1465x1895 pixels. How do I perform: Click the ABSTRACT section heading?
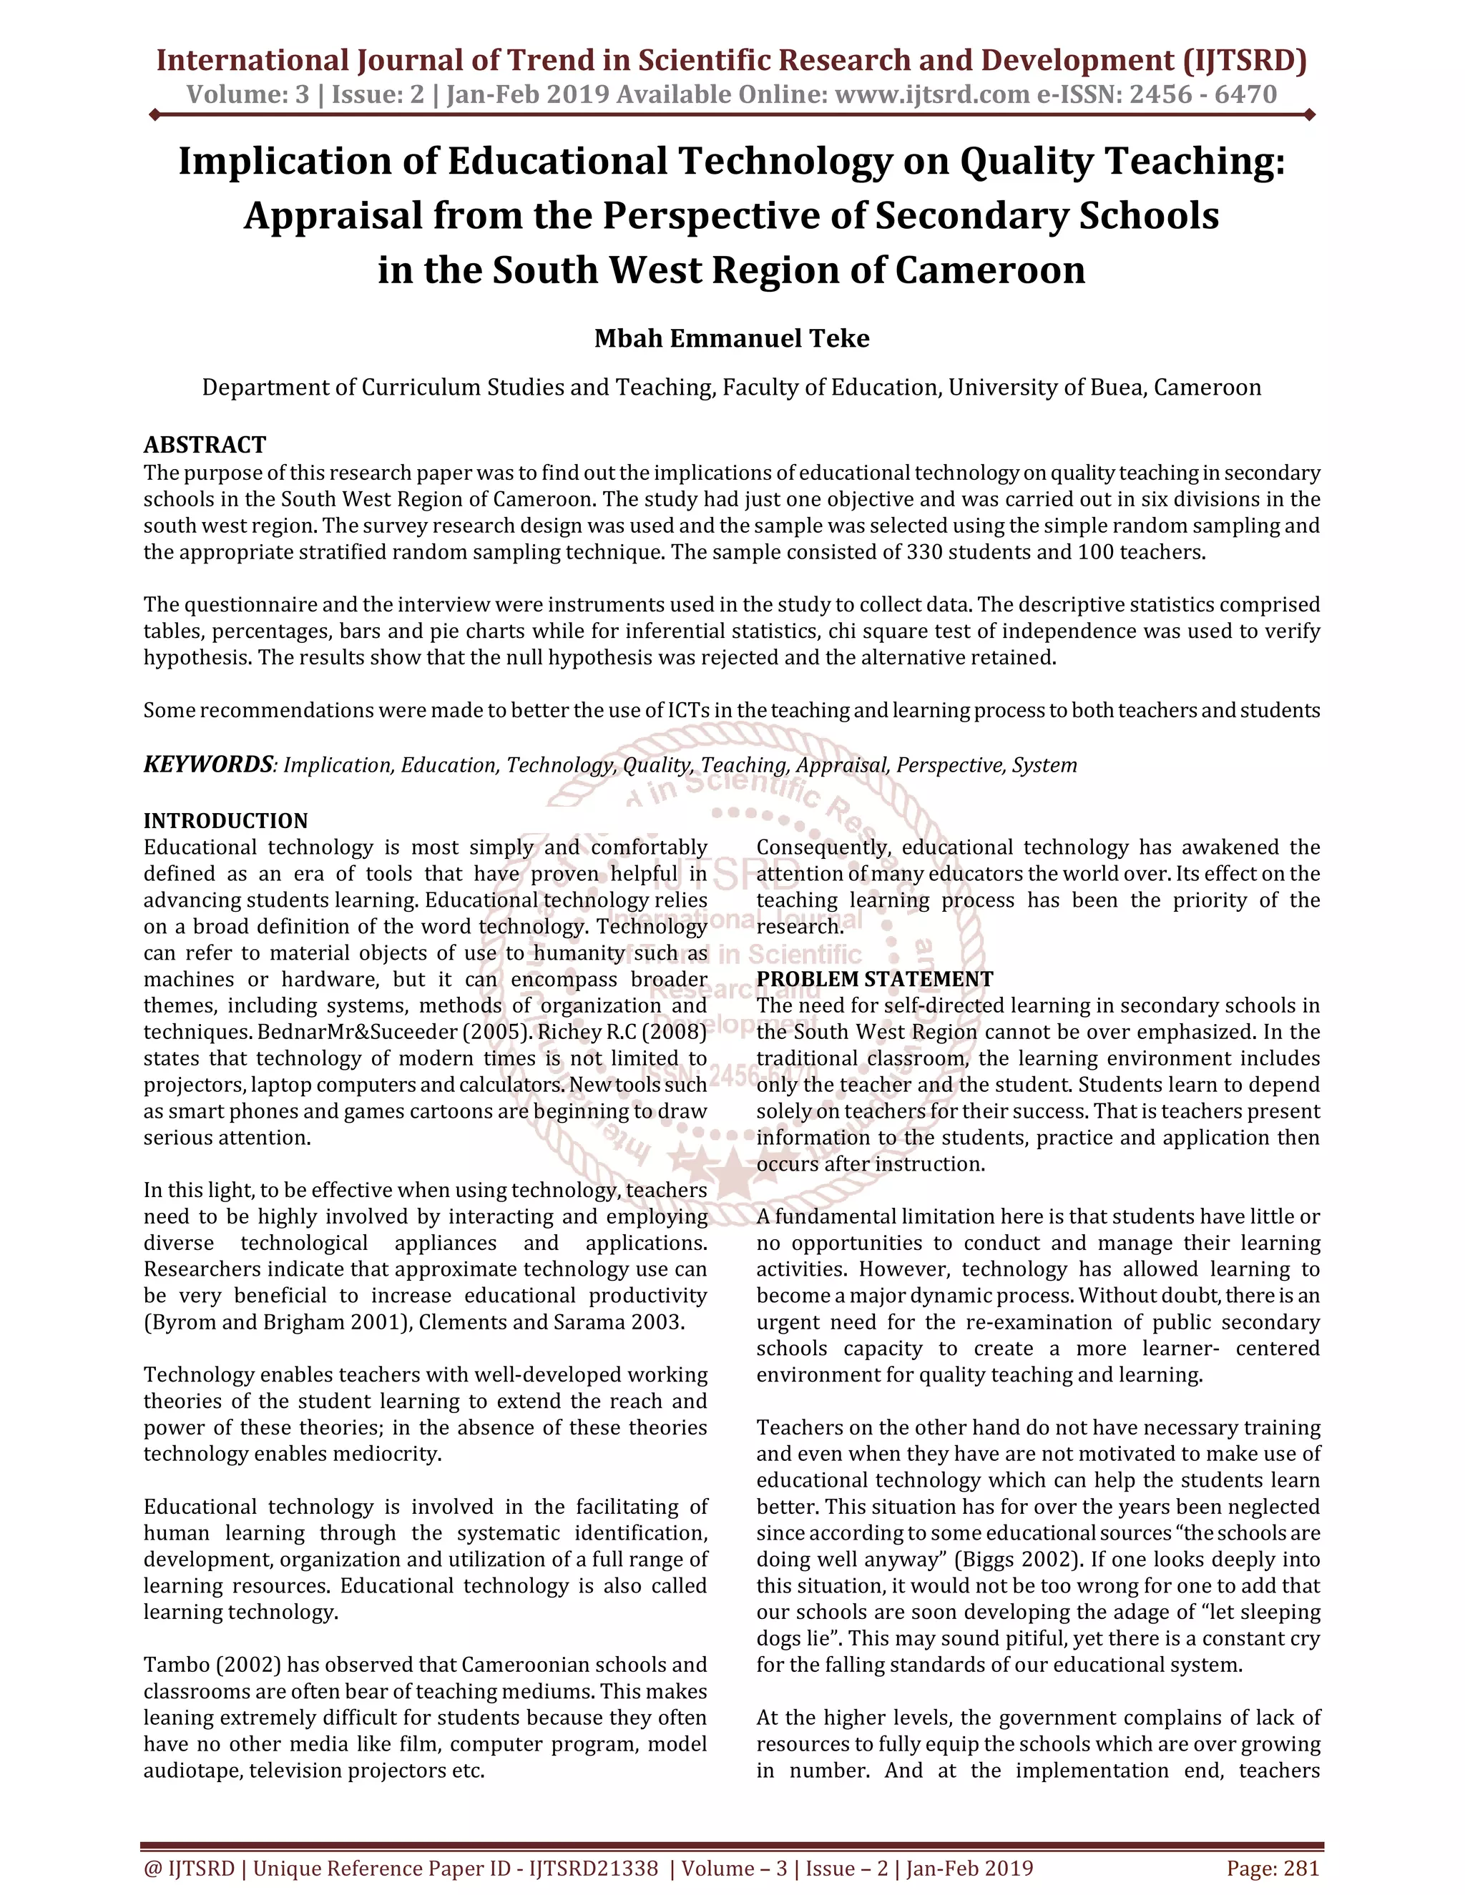click(x=205, y=445)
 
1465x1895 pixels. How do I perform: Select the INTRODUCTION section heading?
click(x=225, y=821)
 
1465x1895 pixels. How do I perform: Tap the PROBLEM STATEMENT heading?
click(x=874, y=979)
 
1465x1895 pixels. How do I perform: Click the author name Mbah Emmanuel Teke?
click(x=732, y=338)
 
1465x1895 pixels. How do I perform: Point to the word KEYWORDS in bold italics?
click(x=208, y=764)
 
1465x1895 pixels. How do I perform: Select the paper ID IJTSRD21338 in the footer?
click(x=594, y=1868)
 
